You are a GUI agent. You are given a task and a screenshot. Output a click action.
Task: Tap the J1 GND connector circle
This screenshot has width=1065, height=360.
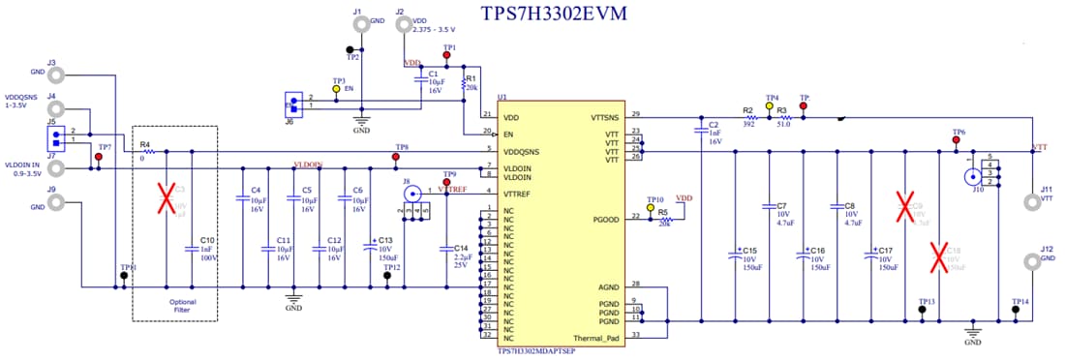pyautogui.click(x=361, y=27)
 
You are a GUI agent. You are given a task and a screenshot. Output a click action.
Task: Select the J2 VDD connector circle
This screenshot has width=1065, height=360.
pyautogui.click(x=404, y=27)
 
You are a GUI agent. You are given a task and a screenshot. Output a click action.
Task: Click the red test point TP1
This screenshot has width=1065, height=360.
pyautogui.click(x=446, y=55)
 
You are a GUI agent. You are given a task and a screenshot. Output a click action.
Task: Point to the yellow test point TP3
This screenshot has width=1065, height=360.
pyautogui.click(x=336, y=89)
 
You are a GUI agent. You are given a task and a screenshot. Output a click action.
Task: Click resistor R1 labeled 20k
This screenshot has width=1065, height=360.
pyautogui.click(x=466, y=84)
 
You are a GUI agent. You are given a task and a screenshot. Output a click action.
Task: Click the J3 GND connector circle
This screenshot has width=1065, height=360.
pyautogui.click(x=58, y=75)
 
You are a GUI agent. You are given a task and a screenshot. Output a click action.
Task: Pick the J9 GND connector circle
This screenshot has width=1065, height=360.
pyautogui.click(x=58, y=202)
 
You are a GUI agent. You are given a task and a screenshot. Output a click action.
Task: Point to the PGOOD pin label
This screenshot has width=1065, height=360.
pyautogui.click(x=619, y=219)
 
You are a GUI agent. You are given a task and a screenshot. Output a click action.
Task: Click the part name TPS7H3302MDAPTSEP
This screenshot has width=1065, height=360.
pyautogui.click(x=536, y=351)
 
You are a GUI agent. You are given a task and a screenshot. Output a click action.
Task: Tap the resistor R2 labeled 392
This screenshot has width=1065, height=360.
pyautogui.click(x=747, y=116)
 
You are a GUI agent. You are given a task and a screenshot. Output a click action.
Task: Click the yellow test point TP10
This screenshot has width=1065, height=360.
pyautogui.click(x=650, y=207)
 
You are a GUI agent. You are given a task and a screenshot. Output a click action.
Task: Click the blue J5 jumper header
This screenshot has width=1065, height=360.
pyautogui.click(x=58, y=138)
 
